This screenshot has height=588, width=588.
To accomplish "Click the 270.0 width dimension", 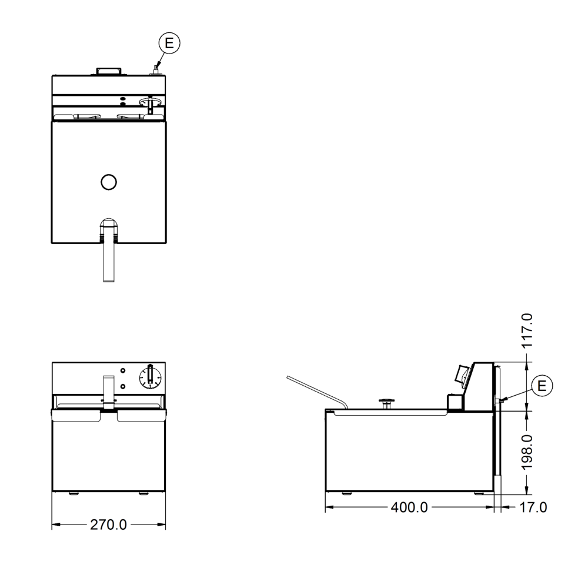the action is [x=108, y=524].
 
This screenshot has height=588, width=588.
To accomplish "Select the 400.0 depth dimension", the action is [x=409, y=507].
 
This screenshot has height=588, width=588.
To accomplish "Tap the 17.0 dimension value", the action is [x=533, y=507].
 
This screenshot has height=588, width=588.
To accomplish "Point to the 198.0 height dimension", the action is [x=527, y=452].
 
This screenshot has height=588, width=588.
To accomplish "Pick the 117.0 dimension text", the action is [x=527, y=330].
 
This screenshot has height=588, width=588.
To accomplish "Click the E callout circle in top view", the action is [x=169, y=43].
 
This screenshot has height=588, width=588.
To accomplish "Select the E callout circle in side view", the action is [x=542, y=386].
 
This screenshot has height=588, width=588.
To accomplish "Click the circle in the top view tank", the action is [x=109, y=182].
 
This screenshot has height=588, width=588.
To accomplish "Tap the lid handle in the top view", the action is [x=109, y=71].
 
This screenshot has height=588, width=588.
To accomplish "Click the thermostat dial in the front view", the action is [x=150, y=377].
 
